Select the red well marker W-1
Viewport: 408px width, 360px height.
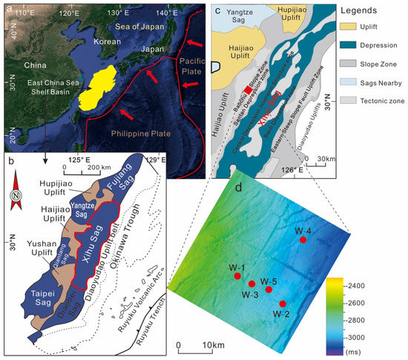point(237,276)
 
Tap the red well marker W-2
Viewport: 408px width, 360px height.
point(282,304)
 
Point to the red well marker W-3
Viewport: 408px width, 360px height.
point(252,284)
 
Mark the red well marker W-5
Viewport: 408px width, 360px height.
point(269,289)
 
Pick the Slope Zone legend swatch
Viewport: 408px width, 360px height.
point(330,61)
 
